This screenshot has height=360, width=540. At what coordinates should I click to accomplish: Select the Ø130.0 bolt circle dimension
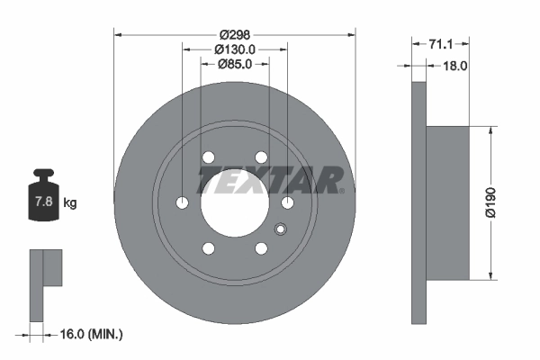(236, 49)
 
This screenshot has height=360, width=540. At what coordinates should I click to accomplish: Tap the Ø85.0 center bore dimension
(236, 64)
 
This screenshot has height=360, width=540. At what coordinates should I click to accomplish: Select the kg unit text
(70, 203)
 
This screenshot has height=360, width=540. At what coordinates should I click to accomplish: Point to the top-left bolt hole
(209, 157)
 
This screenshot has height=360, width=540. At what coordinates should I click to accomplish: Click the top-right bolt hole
(262, 157)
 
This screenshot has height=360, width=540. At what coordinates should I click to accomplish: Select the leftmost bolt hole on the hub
(183, 202)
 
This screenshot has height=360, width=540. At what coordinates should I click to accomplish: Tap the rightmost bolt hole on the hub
(288, 202)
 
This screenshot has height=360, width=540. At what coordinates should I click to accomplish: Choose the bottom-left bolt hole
(209, 248)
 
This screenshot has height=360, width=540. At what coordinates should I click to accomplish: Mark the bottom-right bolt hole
(262, 248)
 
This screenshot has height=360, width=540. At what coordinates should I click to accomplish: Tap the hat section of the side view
(446, 202)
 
